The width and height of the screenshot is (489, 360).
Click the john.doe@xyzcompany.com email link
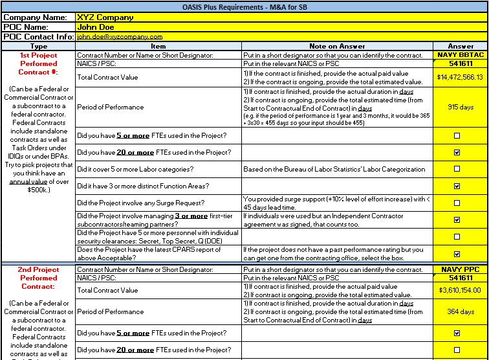click(x=120, y=37)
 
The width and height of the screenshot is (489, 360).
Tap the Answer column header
click(x=461, y=46)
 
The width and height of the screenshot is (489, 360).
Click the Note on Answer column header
click(x=336, y=46)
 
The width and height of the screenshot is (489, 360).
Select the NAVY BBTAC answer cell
click(x=461, y=55)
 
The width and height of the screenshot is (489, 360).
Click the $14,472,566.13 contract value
click(x=461, y=77)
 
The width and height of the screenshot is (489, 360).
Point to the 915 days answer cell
click(x=461, y=107)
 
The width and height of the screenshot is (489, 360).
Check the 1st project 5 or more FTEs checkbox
click(x=457, y=135)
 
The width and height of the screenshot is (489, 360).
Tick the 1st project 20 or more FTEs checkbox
click(x=457, y=152)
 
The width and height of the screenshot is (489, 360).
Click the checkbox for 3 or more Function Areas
click(x=457, y=186)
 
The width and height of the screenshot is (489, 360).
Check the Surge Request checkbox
click(x=457, y=203)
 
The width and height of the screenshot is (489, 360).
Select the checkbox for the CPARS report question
click(x=457, y=254)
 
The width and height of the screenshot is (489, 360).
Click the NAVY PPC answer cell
click(x=461, y=269)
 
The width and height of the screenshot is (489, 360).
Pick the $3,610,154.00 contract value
click(x=461, y=291)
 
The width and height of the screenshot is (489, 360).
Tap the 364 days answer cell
click(x=461, y=311)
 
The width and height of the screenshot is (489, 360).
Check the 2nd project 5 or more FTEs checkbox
click(x=457, y=333)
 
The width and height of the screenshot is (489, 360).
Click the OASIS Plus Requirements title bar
click(x=244, y=6)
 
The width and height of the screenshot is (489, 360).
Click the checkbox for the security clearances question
click(x=457, y=236)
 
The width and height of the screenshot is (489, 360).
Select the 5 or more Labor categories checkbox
click(x=457, y=169)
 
